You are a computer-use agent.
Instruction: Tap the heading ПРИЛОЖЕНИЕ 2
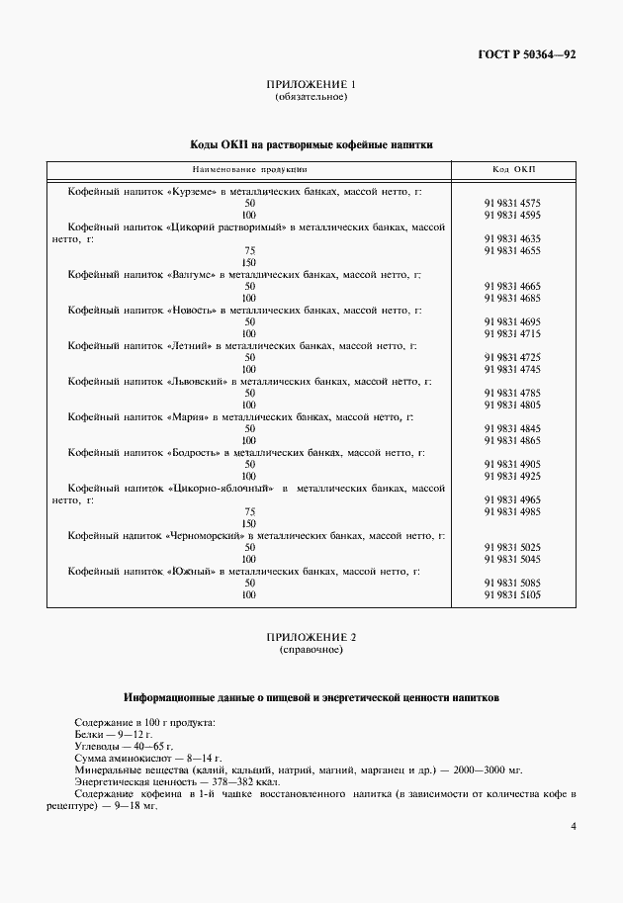point(311,638)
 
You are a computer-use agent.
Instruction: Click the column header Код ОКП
point(512,169)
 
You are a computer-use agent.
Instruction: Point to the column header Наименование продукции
point(248,169)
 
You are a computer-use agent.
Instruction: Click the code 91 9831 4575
point(512,203)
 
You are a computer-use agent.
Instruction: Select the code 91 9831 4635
point(512,238)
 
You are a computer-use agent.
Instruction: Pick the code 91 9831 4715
point(512,333)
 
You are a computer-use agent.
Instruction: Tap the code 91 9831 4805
point(512,405)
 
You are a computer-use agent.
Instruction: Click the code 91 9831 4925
point(512,476)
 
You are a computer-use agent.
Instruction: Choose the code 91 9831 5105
point(512,594)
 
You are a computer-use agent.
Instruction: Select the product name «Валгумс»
point(192,274)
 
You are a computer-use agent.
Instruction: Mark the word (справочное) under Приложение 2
point(311,651)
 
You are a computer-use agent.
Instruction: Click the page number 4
point(575,826)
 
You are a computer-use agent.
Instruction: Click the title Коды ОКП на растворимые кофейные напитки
point(311,144)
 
